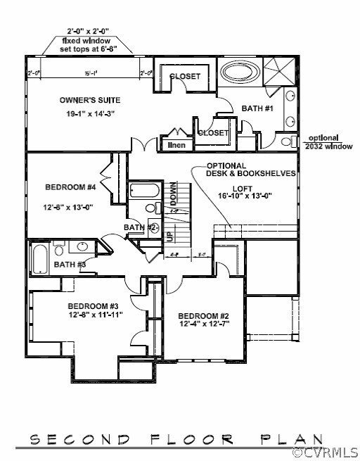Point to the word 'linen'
point(176,145)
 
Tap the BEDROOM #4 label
point(69,187)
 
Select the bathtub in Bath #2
point(146,191)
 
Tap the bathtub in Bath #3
point(40,259)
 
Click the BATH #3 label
point(70,265)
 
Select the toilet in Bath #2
point(150,208)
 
